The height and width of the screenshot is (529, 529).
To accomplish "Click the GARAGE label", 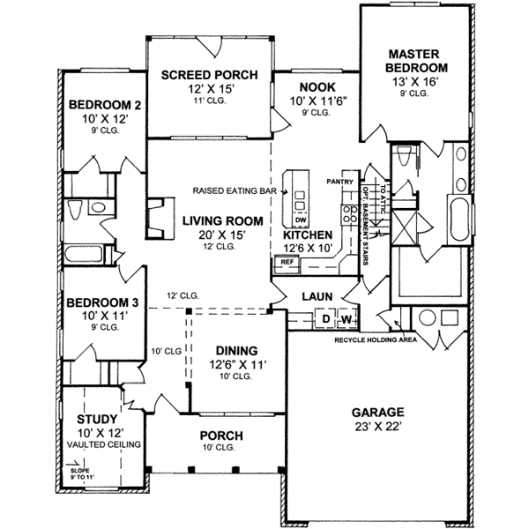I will (377, 412).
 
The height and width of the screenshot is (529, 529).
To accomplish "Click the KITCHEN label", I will (307, 235).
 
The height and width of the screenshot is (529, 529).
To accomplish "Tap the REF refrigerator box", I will (287, 262).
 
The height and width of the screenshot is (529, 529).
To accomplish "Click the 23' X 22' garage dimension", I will (377, 428).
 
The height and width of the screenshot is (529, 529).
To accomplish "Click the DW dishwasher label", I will (301, 220).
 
